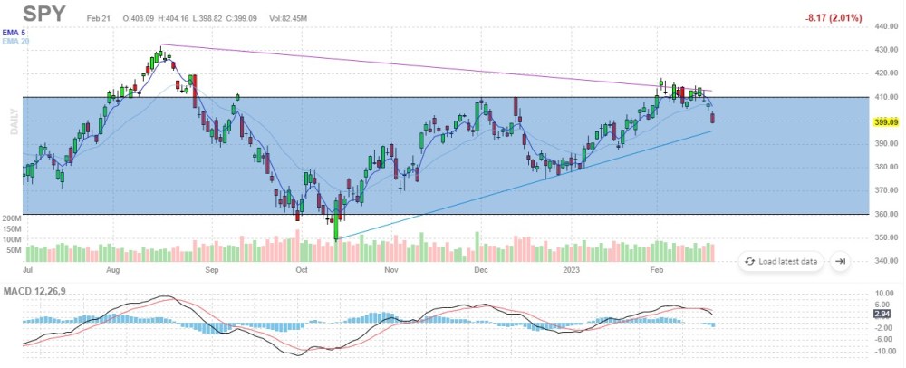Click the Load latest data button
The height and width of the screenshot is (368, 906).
tap(781, 261)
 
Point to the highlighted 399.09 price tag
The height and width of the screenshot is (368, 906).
tap(883, 121)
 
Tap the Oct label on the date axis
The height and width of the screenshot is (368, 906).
tap(302, 270)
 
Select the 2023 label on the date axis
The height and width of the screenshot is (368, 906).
tap(571, 270)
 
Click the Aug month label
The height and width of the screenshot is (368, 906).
tap(113, 270)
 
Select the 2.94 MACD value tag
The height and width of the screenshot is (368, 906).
tap(882, 314)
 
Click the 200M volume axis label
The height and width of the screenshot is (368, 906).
tap(12, 219)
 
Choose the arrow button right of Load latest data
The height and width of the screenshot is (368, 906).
tap(840, 261)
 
